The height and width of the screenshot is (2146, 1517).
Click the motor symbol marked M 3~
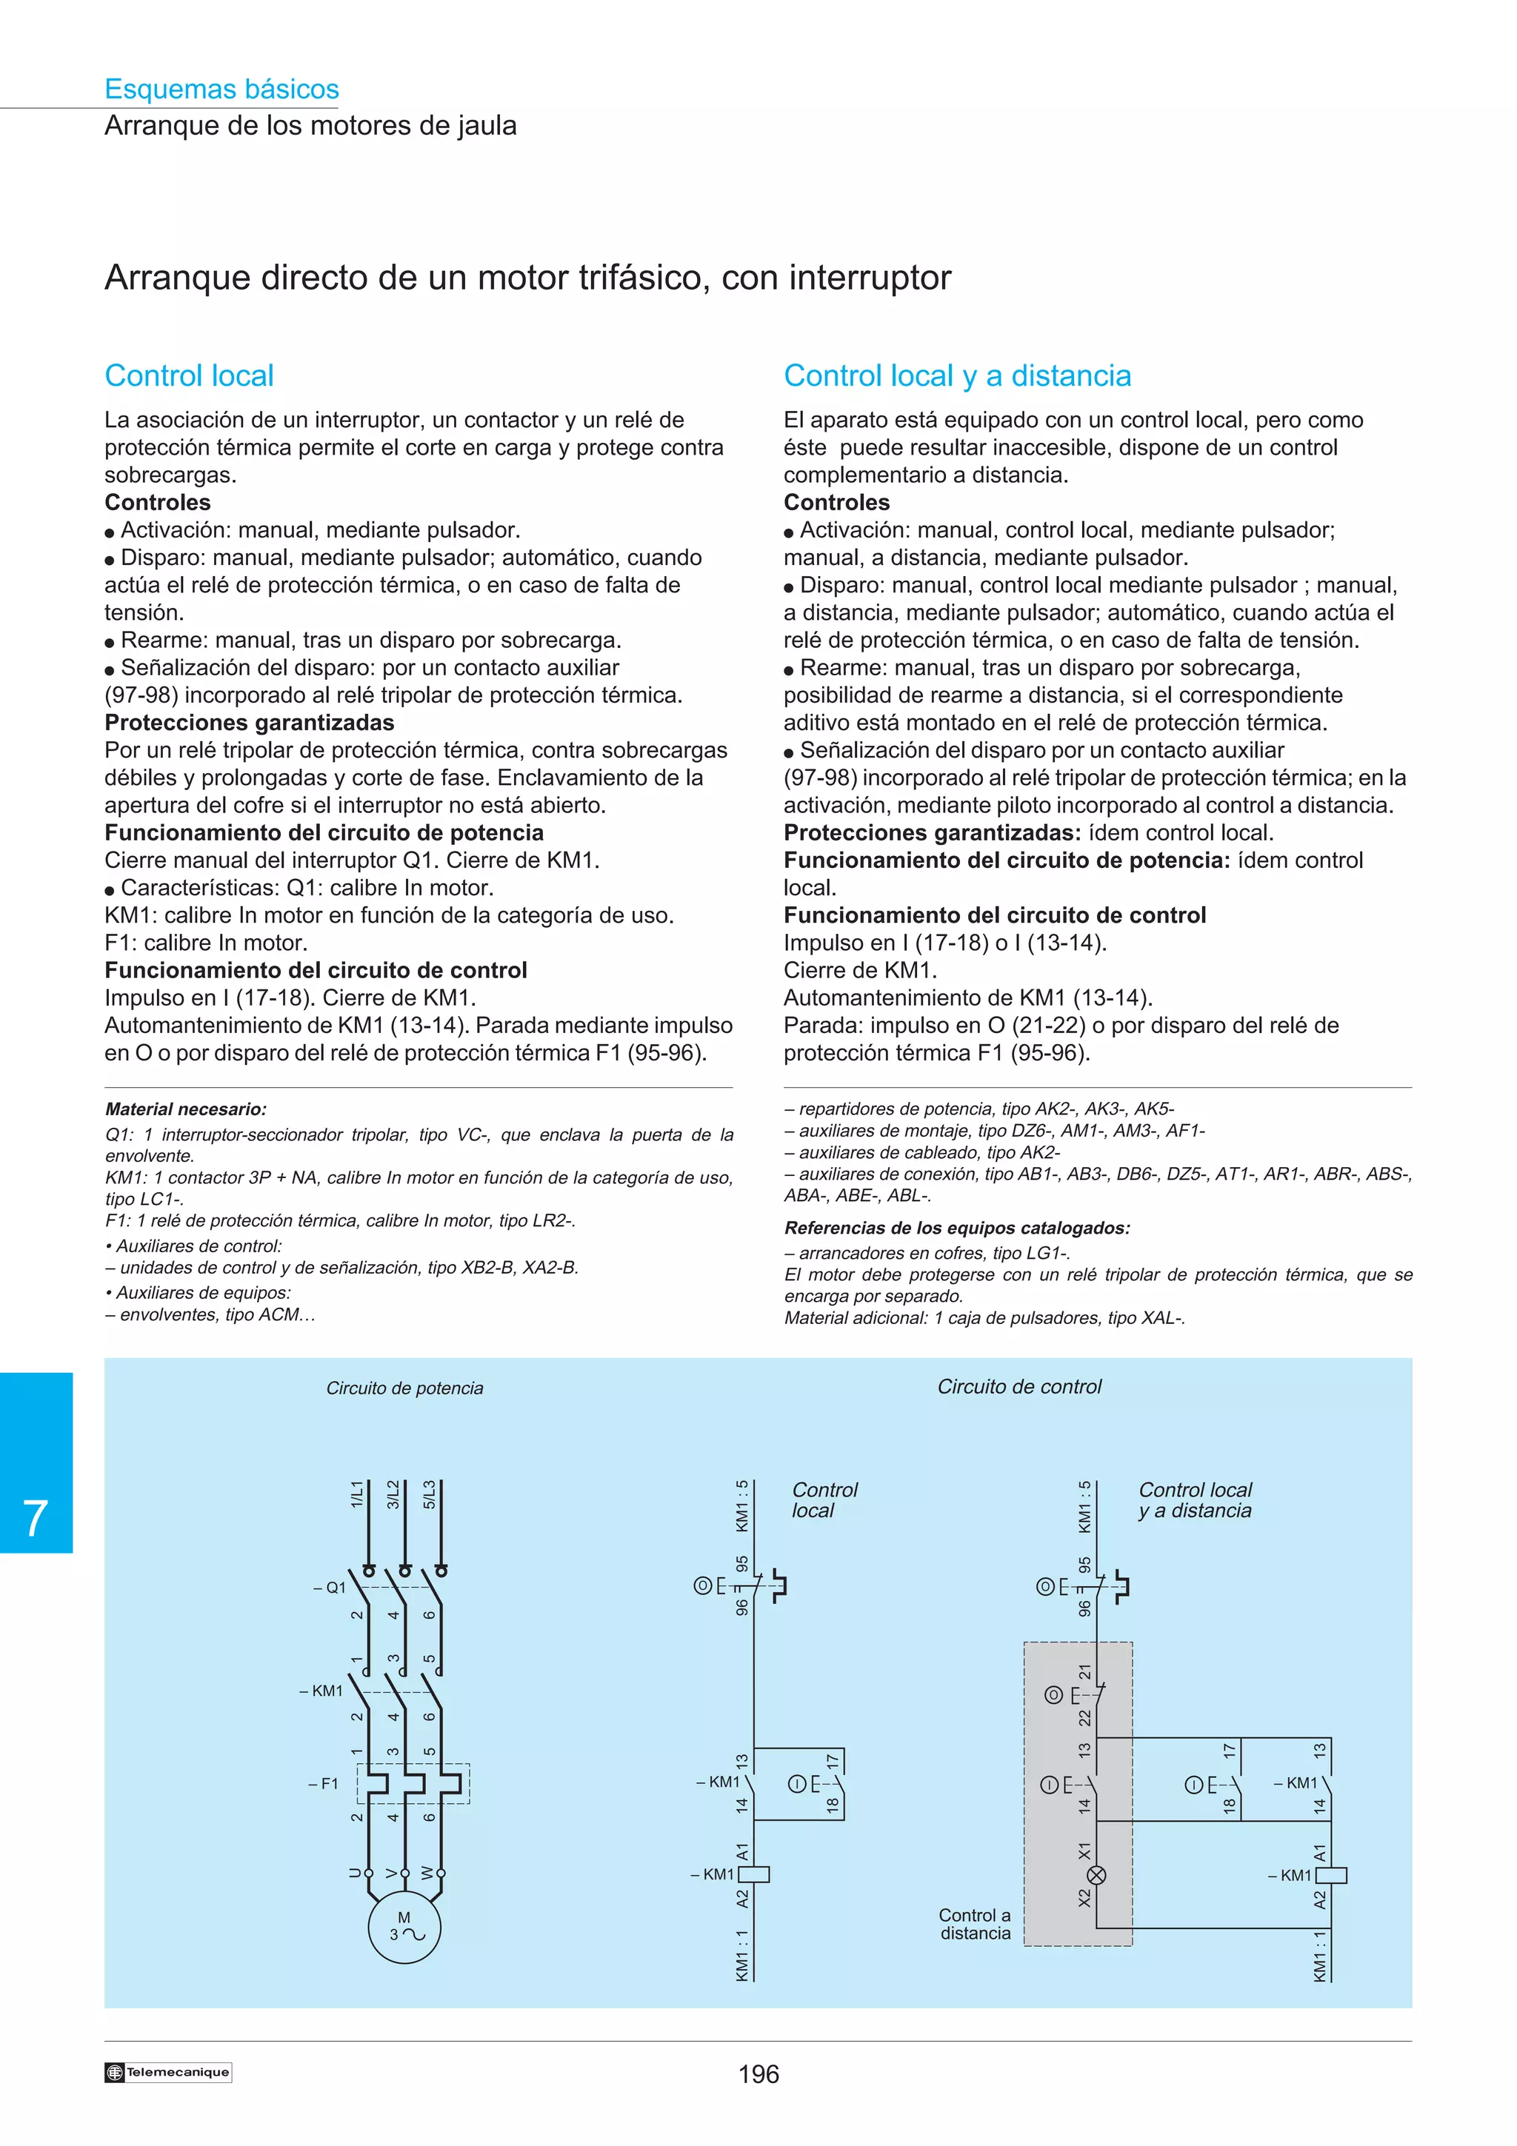coord(404,1928)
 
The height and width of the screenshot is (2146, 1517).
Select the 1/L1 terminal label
coord(356,1493)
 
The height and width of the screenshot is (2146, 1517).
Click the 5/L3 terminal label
coord(429,1493)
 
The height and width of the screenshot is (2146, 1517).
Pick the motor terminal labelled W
coord(428,1873)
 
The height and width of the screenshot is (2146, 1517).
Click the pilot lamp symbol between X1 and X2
coord(1096,1875)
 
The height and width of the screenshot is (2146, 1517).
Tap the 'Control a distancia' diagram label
coord(975,1924)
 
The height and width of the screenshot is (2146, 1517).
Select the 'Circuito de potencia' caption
coord(404,1388)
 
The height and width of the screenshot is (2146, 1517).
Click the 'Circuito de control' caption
coord(1018,1386)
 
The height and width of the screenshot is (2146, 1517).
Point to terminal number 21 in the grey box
coord(1084,1671)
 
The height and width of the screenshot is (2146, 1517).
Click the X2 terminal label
coord(1084,1897)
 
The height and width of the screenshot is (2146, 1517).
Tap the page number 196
coord(758,2074)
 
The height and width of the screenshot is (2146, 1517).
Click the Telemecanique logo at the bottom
coord(168,2072)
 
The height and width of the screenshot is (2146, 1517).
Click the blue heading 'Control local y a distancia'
coord(957,375)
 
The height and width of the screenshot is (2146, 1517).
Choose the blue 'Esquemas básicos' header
coord(221,89)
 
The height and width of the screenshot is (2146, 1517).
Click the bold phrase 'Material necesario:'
coord(186,1109)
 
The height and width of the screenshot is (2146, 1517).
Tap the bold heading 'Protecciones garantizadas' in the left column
coord(250,723)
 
